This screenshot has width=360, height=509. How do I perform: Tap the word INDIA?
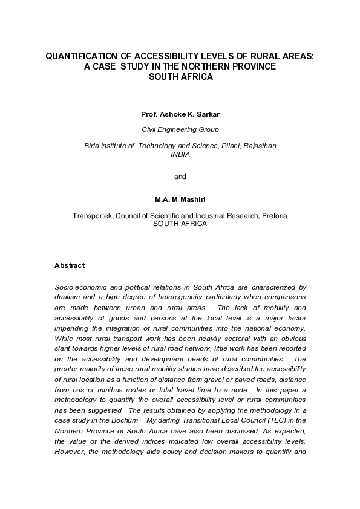180,154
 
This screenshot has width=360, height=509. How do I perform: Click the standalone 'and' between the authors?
180,177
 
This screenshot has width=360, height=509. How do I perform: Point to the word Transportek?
93,215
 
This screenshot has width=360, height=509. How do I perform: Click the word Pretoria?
270,215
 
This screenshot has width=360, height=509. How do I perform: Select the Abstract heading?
70,265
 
